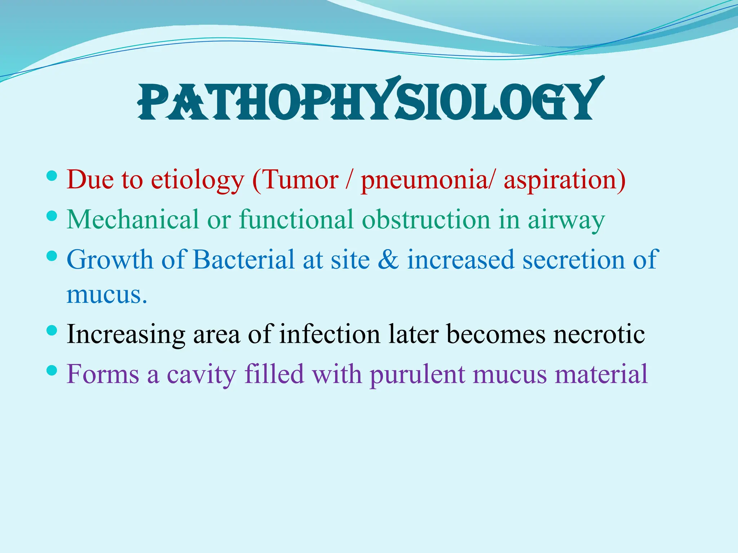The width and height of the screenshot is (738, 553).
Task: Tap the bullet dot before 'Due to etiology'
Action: coord(52,176)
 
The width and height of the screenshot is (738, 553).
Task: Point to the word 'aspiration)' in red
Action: coord(564,180)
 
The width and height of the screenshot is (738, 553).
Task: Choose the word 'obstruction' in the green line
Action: coord(426,220)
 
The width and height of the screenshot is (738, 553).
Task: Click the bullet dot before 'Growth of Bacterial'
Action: coord(52,256)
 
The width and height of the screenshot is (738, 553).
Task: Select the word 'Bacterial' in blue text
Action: coord(243,260)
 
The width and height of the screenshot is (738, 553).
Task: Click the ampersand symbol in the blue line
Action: coord(388,260)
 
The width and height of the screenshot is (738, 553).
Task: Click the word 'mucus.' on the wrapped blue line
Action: coord(107,295)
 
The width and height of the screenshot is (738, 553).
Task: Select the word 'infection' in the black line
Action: coord(329,334)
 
